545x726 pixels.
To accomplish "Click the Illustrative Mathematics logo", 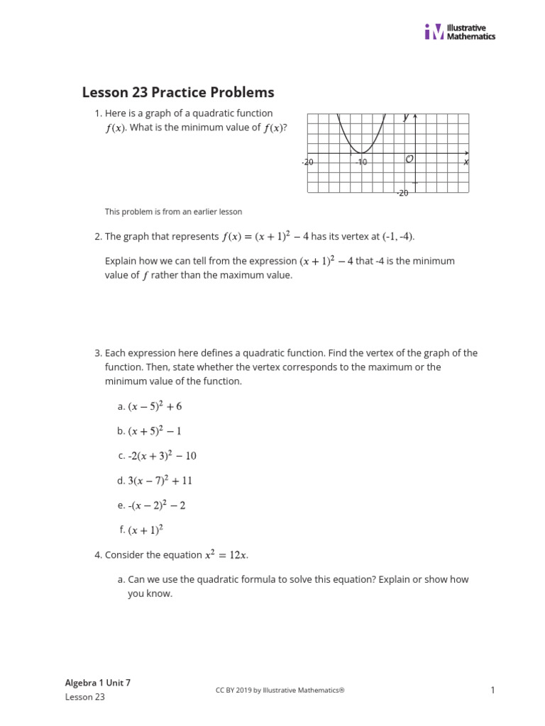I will click(x=459, y=32).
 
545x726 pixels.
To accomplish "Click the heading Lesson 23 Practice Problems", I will click(x=178, y=92).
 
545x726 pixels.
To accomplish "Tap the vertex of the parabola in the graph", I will click(x=361, y=152).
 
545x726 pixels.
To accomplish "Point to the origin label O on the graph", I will click(x=409, y=160).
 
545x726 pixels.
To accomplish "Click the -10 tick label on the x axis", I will click(x=362, y=162).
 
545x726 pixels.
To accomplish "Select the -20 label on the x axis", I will click(x=307, y=162).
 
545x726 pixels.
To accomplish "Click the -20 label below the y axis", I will click(x=402, y=193).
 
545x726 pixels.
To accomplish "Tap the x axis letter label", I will click(x=466, y=162).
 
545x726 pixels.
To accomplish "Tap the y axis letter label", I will click(x=406, y=118).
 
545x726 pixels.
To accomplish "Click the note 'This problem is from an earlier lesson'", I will click(x=173, y=211).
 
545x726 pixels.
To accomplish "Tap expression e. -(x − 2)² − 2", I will click(x=157, y=506).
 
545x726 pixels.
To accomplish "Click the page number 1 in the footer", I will click(x=492, y=690).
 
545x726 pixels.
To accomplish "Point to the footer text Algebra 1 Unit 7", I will click(x=98, y=683).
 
